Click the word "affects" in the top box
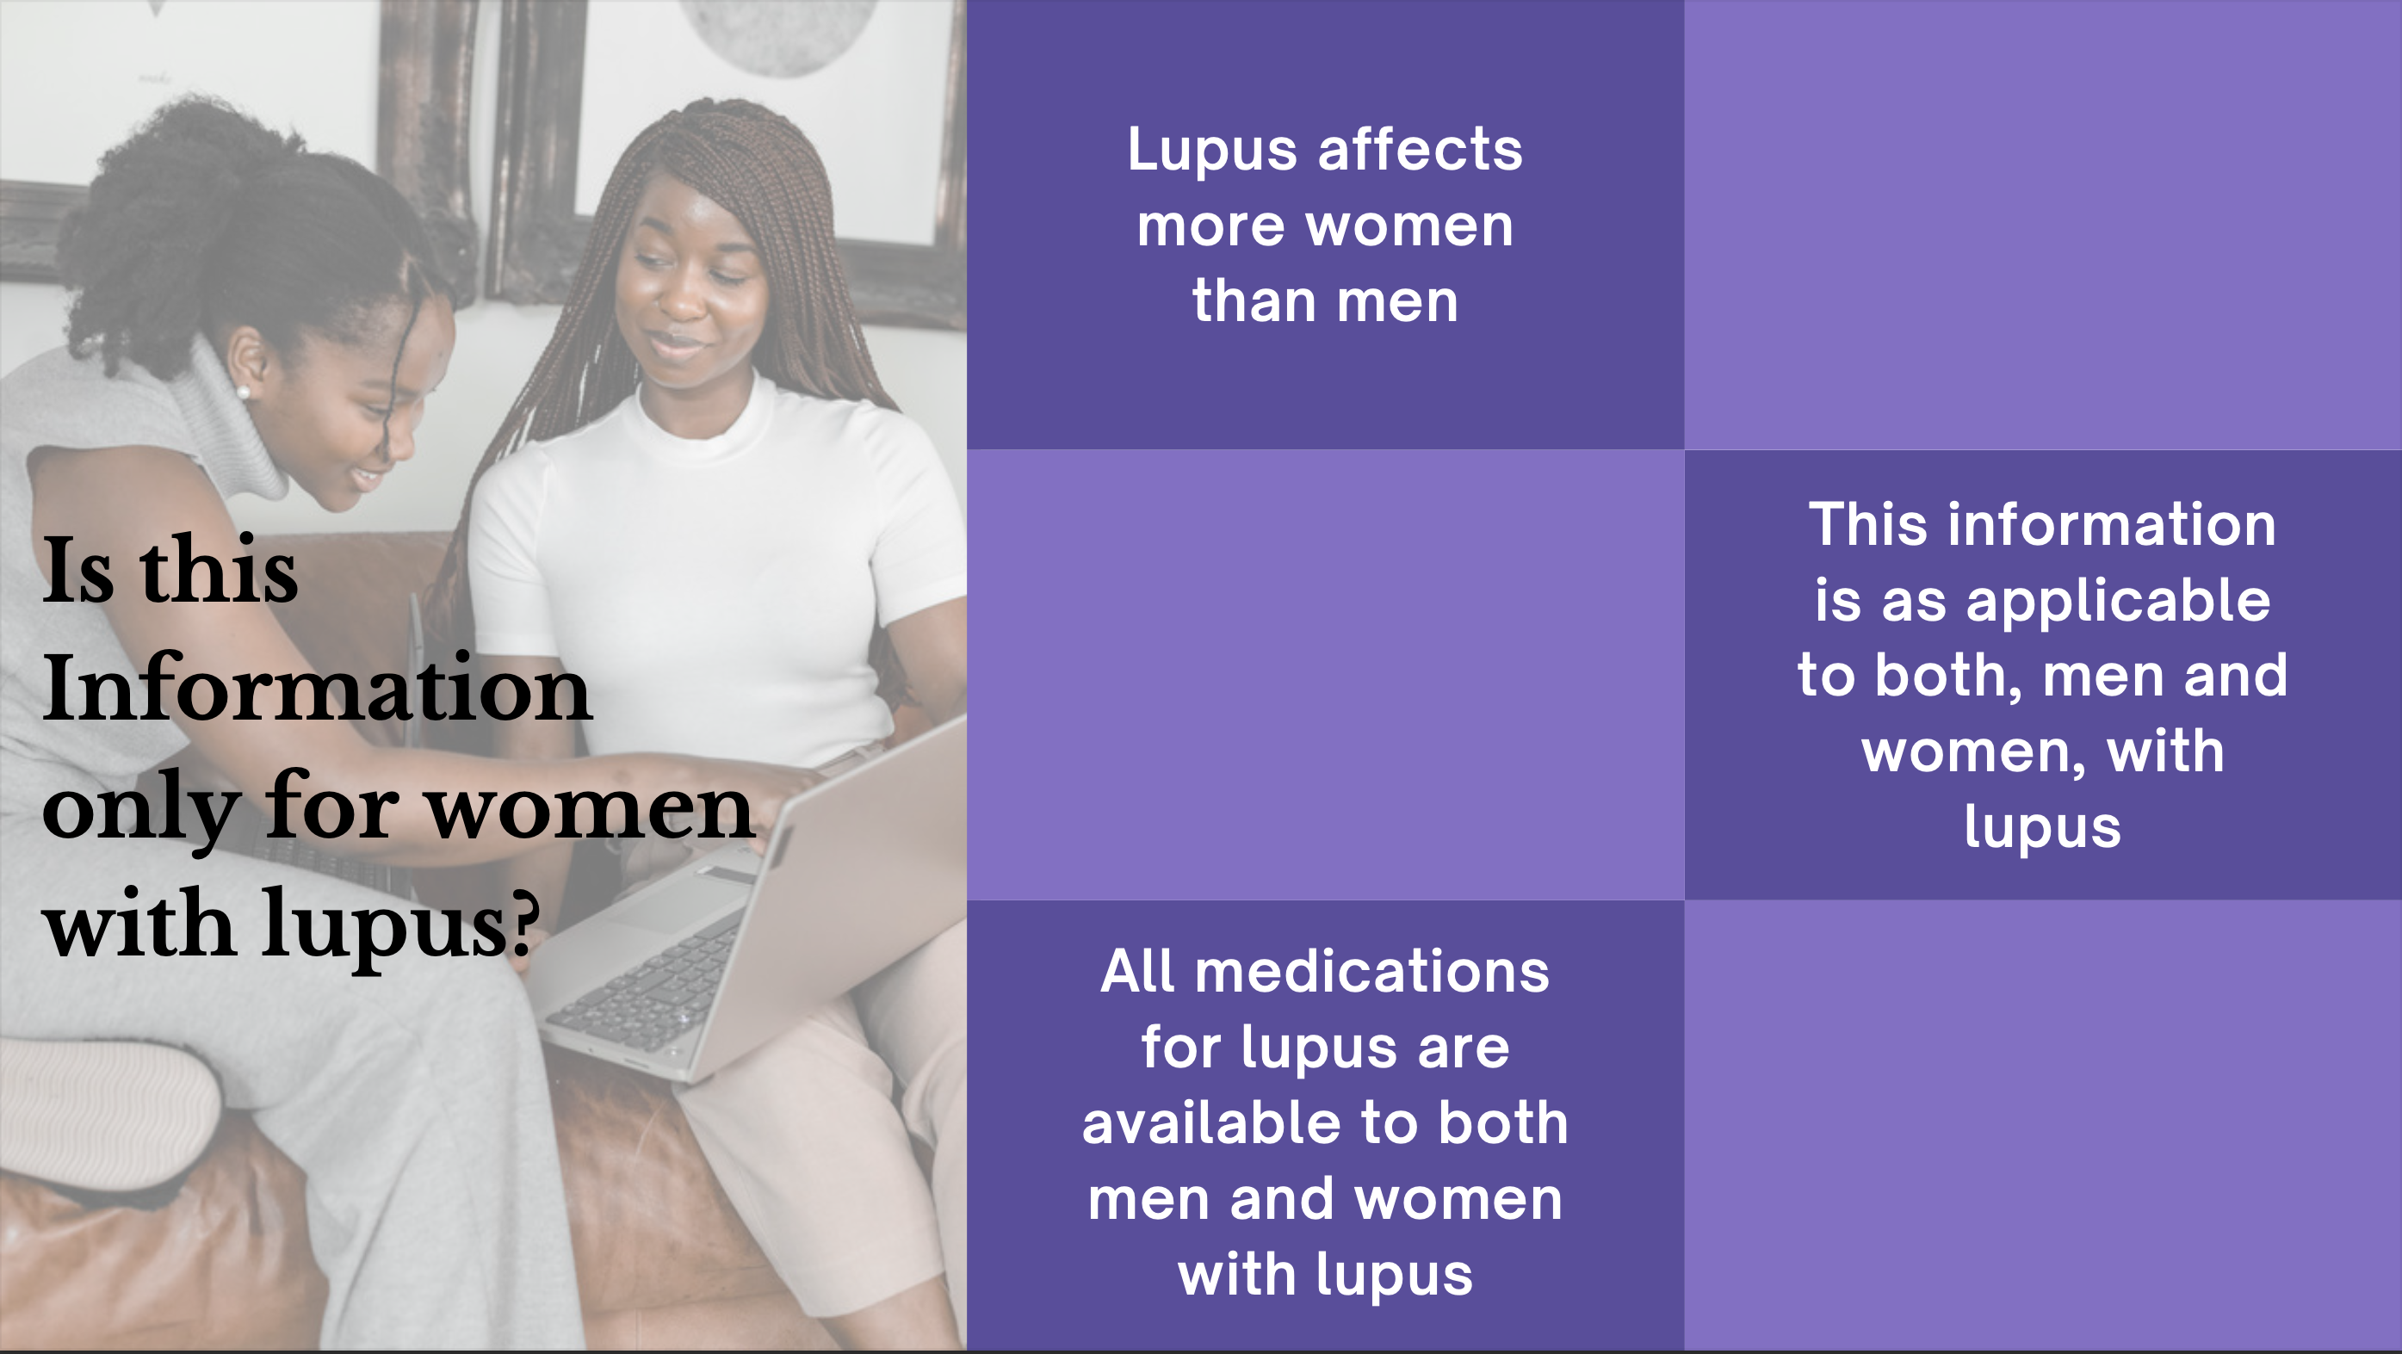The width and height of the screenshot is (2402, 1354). tap(1421, 149)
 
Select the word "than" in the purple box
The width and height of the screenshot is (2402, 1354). tap(1251, 300)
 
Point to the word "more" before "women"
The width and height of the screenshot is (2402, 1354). tap(1211, 226)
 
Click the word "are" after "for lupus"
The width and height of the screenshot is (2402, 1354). tap(1463, 1050)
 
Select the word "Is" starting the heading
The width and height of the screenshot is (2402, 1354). tap(78, 569)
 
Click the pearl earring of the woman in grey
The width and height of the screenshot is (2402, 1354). tap(244, 393)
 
